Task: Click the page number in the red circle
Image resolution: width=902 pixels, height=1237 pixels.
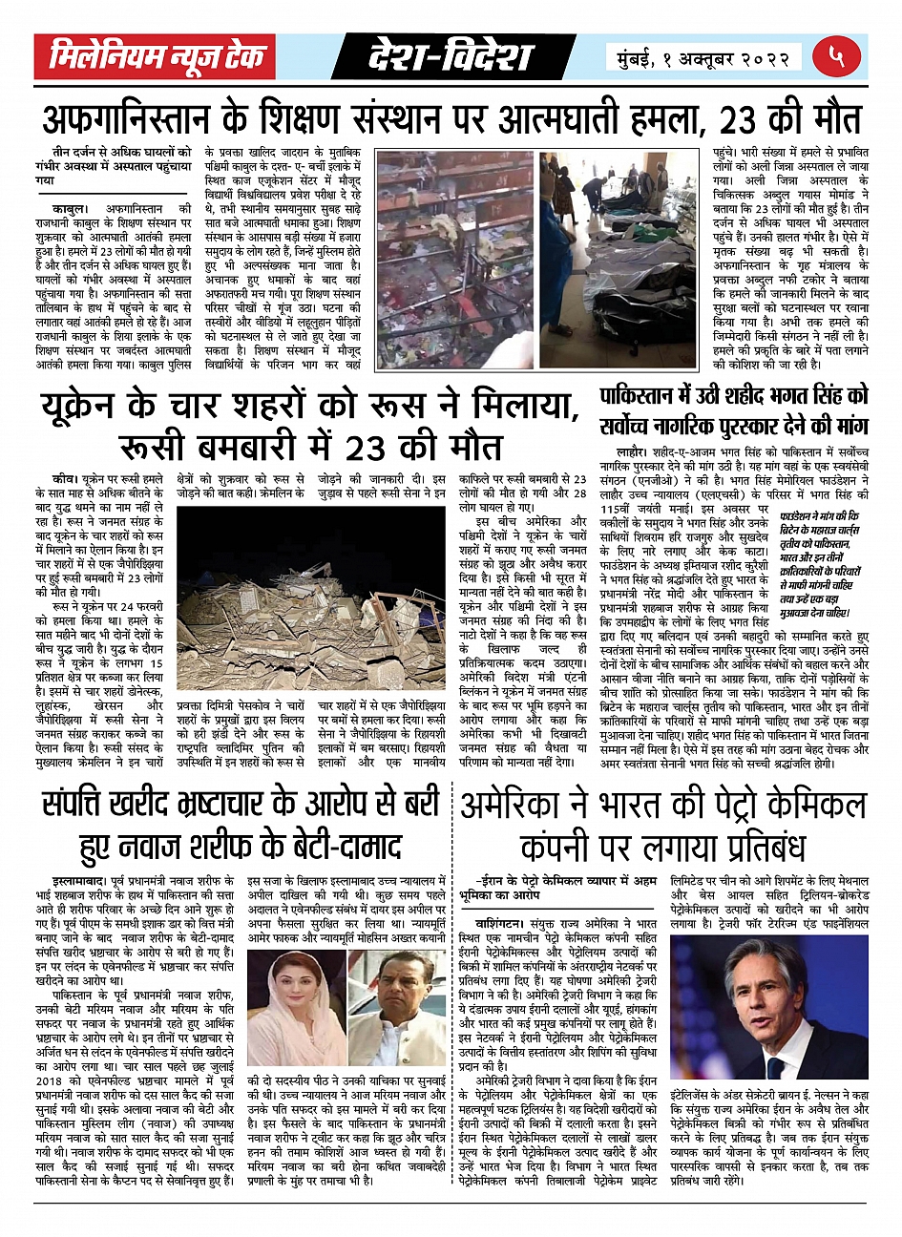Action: pos(836,56)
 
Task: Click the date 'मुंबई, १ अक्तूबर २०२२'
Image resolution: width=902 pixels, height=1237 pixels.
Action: pos(703,57)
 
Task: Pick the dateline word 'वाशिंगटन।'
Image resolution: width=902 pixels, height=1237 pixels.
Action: pos(505,925)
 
